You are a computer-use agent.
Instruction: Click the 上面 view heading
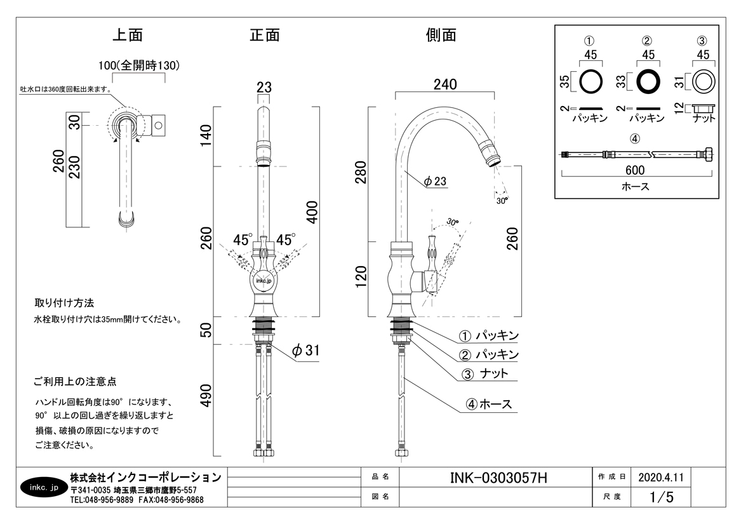127,36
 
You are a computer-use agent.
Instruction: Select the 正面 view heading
265,36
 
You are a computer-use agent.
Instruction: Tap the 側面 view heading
441,36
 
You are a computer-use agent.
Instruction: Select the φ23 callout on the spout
435,182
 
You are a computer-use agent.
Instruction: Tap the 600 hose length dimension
634,170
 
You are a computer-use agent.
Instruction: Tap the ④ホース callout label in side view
488,404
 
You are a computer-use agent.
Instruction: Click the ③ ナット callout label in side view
486,373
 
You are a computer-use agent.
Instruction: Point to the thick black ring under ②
648,81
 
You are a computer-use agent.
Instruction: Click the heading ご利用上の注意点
75,382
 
